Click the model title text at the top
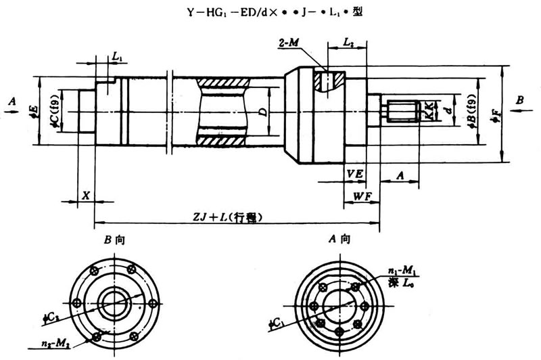[x=270, y=12]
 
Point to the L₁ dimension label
[x=117, y=58]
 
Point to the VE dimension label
[x=355, y=174]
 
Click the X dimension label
[x=86, y=195]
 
